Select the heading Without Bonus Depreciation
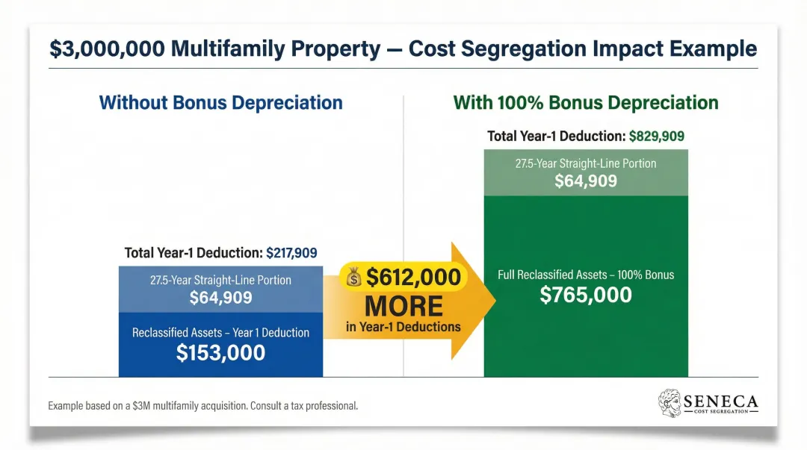click(x=220, y=102)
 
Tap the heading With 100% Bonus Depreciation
click(x=586, y=102)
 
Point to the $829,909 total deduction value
click(x=657, y=137)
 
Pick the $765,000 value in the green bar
click(x=586, y=294)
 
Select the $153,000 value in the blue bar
click(x=220, y=352)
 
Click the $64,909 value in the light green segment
click(x=586, y=180)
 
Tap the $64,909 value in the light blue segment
click(x=220, y=298)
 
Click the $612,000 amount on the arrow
click(x=413, y=278)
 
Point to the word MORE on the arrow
click(x=403, y=305)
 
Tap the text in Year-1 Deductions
click(x=403, y=326)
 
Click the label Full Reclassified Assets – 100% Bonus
click(x=586, y=275)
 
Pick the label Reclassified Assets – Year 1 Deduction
click(x=220, y=332)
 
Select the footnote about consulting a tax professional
click(x=202, y=406)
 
